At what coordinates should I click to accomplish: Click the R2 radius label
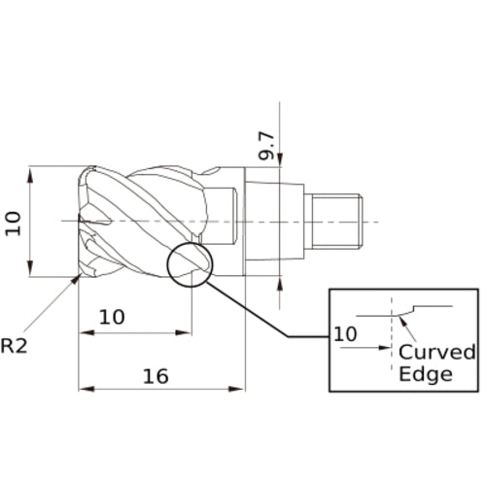[x=14, y=346]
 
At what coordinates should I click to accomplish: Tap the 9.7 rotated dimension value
[x=266, y=146]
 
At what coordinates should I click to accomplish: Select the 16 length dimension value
[x=156, y=376]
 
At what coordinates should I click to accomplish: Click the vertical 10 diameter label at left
[x=14, y=224]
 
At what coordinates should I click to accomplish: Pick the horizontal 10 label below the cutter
[x=112, y=317]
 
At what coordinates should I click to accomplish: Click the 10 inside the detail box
[x=345, y=334]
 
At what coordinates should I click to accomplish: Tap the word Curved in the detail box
[x=437, y=352]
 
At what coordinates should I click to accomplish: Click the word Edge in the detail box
[x=426, y=374]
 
